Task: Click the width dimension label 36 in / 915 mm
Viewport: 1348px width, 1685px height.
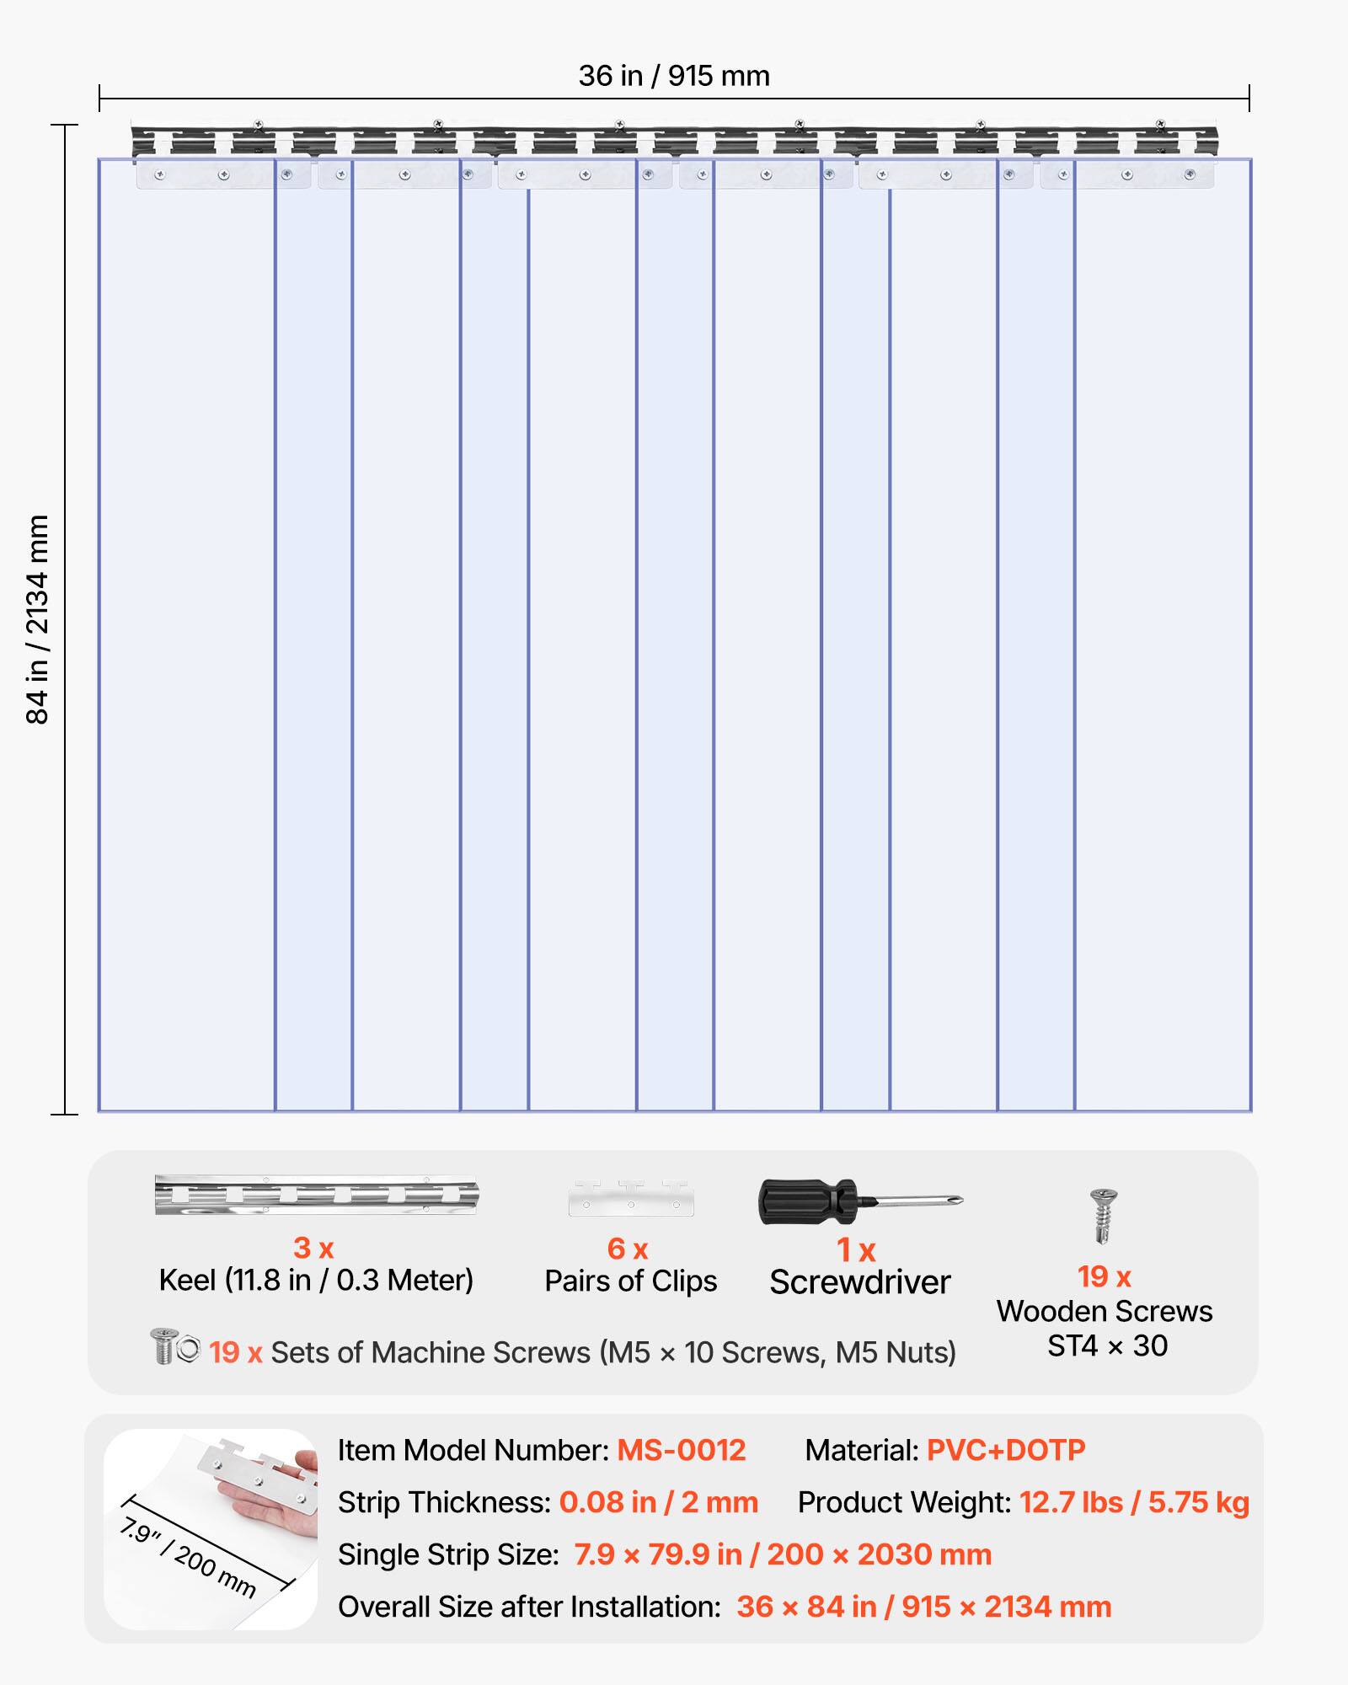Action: pos(674,76)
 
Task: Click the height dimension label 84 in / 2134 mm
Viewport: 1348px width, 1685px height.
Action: pos(38,619)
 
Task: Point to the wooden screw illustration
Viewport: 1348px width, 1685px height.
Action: pos(1103,1215)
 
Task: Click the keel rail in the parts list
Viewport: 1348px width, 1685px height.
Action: pos(317,1195)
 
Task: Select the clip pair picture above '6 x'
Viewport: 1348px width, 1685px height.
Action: pos(631,1198)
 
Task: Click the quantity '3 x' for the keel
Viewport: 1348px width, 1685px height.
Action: pos(313,1248)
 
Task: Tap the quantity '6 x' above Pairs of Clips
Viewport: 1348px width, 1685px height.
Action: pos(628,1249)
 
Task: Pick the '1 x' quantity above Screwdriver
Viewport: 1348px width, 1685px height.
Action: pos(856,1250)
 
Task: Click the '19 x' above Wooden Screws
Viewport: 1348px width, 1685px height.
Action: pos(1104,1277)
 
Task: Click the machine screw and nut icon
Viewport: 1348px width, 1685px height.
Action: pos(174,1345)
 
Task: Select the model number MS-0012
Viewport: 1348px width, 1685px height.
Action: pos(682,1450)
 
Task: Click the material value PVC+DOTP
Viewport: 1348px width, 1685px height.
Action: pos(1006,1450)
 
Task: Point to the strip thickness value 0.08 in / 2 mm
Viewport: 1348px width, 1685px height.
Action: pos(659,1502)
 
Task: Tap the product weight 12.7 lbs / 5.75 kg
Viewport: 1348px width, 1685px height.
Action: pos(1134,1502)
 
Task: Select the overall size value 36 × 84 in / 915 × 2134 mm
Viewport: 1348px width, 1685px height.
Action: pos(924,1607)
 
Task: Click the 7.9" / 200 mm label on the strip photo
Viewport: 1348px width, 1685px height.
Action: pos(188,1557)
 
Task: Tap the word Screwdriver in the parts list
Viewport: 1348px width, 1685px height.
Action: pos(859,1282)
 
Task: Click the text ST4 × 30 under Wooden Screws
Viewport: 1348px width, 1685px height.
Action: pos(1107,1345)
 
